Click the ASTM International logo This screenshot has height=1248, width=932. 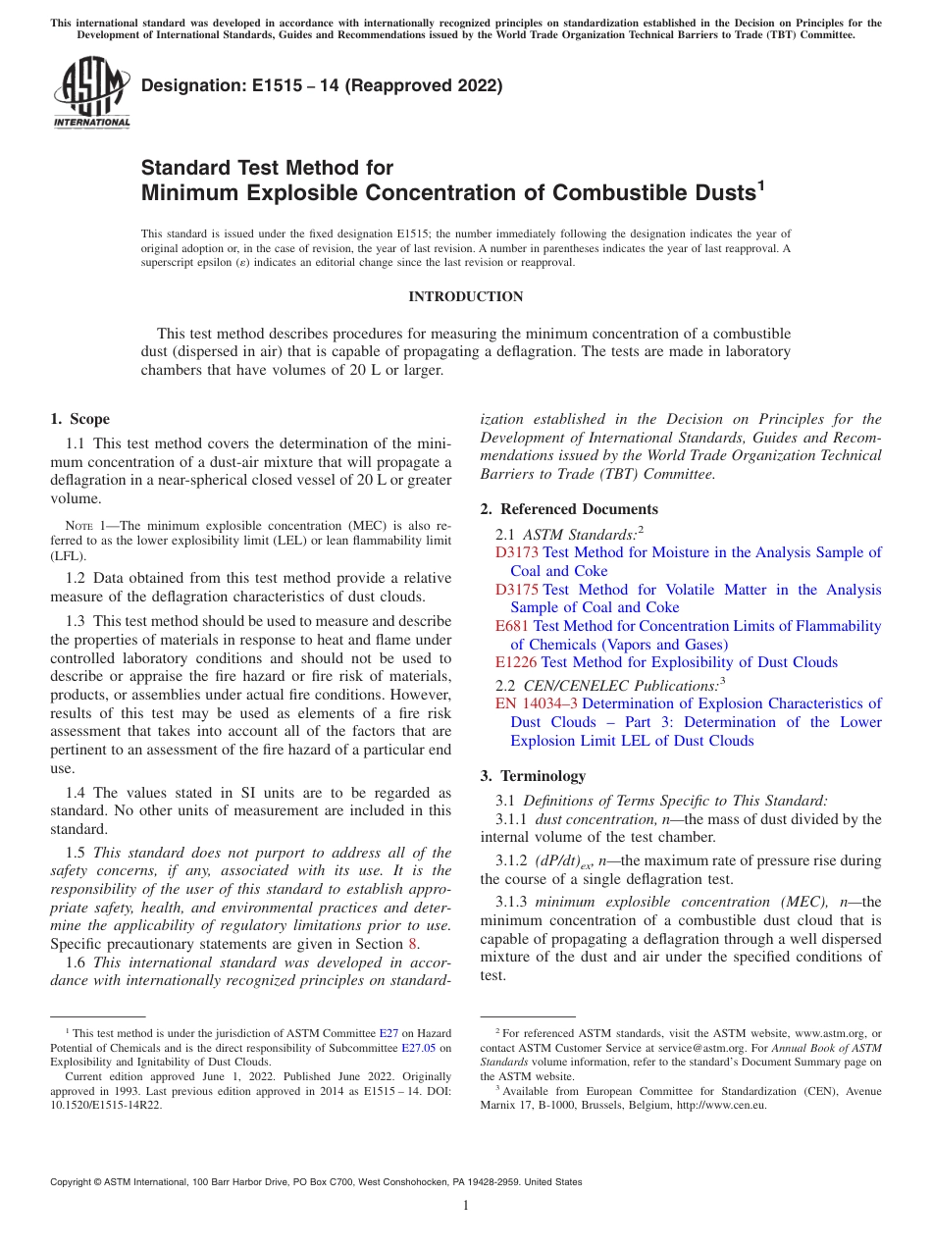tap(91, 93)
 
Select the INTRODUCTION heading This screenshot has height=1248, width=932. tap(465, 296)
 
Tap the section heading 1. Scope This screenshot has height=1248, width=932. tap(80, 419)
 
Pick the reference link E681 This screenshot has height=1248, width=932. tap(512, 626)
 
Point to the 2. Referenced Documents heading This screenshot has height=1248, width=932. tap(569, 508)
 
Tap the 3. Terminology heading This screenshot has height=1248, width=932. tap(533, 775)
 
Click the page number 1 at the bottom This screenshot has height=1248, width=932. tap(466, 1205)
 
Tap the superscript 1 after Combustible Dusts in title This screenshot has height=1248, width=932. tap(759, 184)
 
